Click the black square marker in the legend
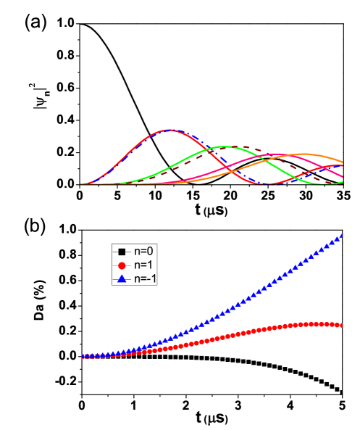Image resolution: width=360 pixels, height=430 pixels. click(122, 251)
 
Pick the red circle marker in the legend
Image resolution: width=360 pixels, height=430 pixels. click(122, 265)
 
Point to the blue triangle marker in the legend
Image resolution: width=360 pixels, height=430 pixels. click(122, 278)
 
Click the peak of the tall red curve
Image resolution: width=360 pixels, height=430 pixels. click(169, 130)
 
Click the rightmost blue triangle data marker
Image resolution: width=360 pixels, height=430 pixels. click(341, 234)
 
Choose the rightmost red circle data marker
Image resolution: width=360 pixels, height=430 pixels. click(341, 325)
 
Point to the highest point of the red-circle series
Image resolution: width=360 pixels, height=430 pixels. click(315, 323)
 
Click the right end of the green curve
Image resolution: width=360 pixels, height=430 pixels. click(342, 182)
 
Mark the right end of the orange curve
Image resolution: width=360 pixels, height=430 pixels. click(342, 162)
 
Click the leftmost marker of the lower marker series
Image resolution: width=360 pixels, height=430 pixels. click(82, 357)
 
